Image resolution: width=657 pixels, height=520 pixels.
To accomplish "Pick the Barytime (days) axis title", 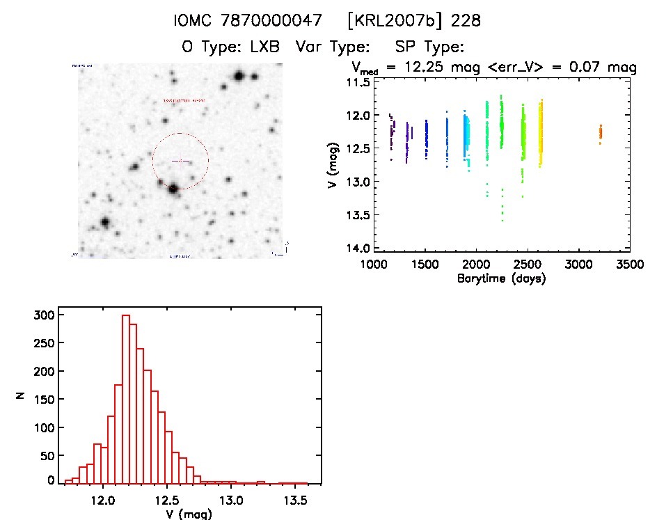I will point(501,278).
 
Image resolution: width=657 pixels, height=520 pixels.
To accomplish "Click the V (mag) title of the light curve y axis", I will point(336,165).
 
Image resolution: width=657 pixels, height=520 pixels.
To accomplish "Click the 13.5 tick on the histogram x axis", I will point(295,500).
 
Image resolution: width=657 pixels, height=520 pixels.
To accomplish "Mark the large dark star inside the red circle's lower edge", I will point(172,187).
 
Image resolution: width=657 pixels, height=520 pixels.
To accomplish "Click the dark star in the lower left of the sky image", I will point(105,222).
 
